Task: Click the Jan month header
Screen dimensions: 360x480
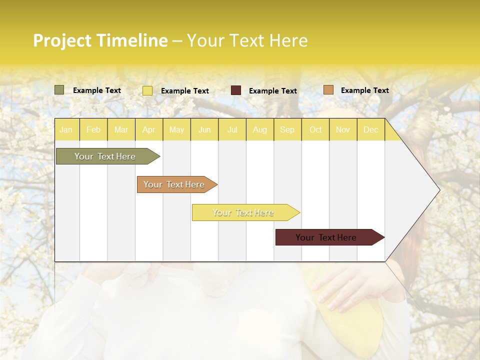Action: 66,129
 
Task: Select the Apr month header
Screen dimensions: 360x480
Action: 149,129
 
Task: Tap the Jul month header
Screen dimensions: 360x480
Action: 232,129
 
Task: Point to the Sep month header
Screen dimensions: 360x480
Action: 287,129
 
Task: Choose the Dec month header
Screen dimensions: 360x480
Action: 370,129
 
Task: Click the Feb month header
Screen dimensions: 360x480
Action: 93,129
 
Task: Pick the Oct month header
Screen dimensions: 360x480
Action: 315,129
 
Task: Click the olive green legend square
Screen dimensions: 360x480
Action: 59,90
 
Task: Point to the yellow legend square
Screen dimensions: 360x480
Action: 147,90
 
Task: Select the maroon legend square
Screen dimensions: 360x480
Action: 236,90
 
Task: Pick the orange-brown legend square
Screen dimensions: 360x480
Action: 328,90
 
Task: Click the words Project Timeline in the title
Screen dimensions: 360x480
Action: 100,40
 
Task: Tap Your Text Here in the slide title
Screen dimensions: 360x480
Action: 247,40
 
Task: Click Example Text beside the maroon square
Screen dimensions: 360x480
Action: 273,91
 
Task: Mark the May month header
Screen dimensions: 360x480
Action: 176,129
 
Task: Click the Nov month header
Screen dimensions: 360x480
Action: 343,129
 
